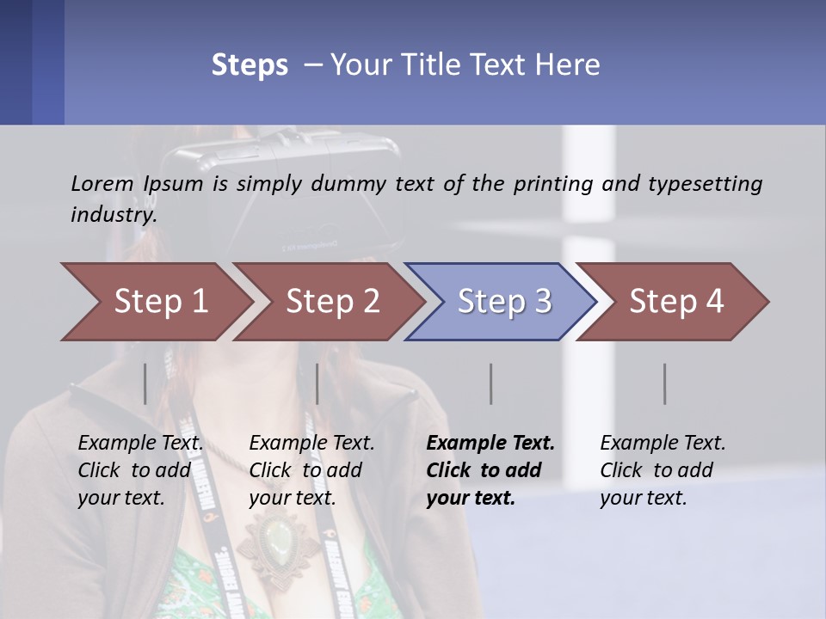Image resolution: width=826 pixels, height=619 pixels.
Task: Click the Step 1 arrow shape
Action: pos(155,302)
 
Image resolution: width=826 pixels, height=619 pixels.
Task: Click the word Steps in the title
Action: pos(250,64)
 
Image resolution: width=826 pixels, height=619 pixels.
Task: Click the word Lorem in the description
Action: pos(102,183)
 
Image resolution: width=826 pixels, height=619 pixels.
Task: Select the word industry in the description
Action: pos(113,215)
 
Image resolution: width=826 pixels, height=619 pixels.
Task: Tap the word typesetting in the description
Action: pos(705,184)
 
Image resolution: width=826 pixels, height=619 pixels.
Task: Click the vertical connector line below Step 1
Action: pos(145,383)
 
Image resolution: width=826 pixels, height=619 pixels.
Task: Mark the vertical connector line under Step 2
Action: pos(317,383)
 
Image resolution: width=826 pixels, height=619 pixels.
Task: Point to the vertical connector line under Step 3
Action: pos(490,383)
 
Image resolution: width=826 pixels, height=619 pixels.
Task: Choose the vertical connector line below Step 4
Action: pos(664,383)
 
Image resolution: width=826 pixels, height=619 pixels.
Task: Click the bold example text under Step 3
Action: pos(490,470)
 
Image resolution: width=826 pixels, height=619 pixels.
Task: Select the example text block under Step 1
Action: pos(140,470)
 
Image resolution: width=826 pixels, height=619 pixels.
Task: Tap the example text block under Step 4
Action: pos(662,470)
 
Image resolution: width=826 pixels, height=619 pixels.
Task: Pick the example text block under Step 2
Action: pos(311,470)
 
